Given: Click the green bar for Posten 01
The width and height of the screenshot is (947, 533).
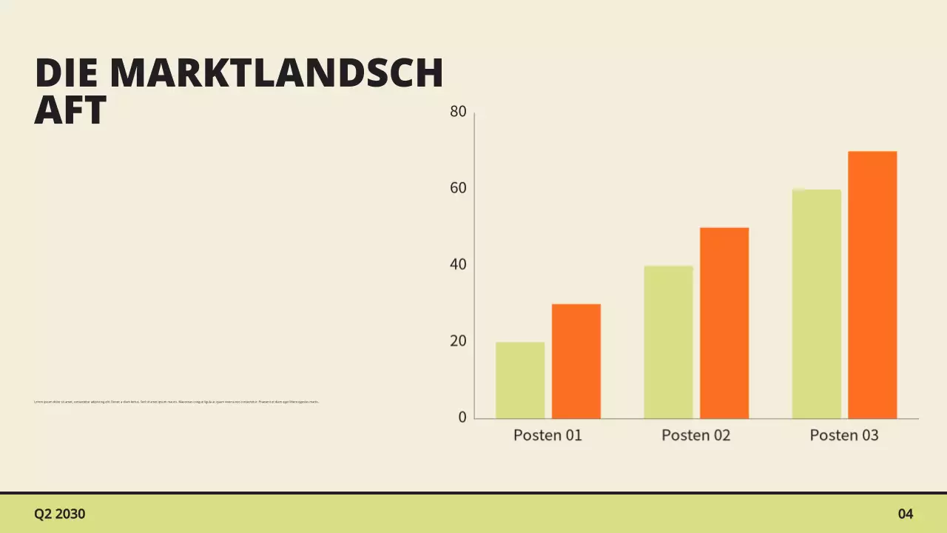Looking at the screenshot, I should tap(520, 381).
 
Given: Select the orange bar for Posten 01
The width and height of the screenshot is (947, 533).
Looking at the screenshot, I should tap(576, 361).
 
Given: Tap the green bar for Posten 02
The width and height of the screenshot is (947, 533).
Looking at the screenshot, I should tap(668, 342).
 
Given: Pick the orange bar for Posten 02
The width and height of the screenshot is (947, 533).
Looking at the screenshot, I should tap(724, 323).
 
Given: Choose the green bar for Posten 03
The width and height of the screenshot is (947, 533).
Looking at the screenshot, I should tap(816, 304).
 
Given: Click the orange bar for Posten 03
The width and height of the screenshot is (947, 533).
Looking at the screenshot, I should tap(872, 285).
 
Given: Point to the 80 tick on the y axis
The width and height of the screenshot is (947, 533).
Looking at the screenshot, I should tap(458, 112).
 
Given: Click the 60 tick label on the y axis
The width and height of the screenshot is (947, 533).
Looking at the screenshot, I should tap(458, 188).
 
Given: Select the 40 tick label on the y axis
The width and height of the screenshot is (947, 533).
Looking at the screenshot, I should tap(458, 264).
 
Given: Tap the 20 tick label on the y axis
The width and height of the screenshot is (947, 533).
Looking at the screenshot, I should tap(458, 341).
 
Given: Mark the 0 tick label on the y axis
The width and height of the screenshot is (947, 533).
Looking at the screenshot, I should tap(462, 418).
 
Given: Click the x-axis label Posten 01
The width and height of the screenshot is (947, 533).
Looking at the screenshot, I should tap(547, 435).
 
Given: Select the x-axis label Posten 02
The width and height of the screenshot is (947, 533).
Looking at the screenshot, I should tap(695, 435).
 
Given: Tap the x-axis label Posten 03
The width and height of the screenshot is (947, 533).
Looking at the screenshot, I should tap(844, 435).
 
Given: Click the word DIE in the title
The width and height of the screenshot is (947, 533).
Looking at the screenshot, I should tap(67, 73).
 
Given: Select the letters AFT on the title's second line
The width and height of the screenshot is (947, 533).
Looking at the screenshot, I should tap(70, 110).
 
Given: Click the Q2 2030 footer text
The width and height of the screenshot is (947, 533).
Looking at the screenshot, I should tap(60, 514).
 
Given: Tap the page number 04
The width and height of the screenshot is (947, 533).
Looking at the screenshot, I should tap(906, 514).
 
